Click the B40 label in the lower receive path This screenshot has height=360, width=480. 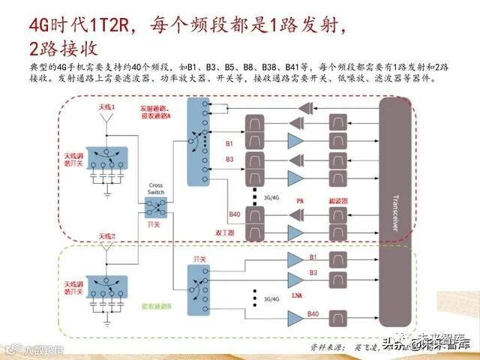313,313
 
